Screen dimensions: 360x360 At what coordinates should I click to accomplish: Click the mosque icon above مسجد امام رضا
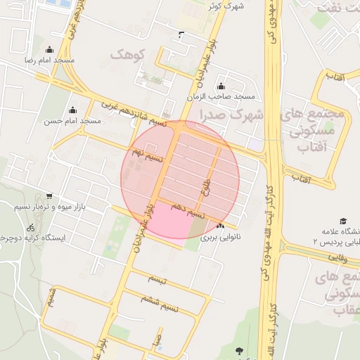(x=49, y=50)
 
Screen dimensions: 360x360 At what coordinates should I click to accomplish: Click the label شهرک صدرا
(x=231, y=115)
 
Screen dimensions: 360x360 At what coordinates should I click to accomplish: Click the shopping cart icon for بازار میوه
(x=49, y=196)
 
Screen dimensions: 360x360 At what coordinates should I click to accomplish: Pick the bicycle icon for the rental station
(x=30, y=227)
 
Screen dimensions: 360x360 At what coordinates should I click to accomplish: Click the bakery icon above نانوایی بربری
(x=221, y=226)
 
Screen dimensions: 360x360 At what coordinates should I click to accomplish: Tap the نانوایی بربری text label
(x=221, y=238)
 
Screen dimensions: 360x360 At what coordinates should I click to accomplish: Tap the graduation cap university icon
(x=343, y=221)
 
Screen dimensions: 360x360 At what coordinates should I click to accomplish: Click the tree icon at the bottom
(x=240, y=349)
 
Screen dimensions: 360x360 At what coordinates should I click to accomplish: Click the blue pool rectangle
(x=62, y=4)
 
